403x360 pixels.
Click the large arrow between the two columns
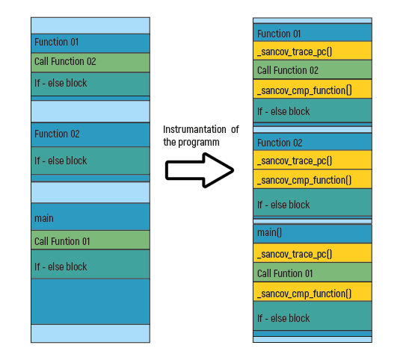pos(200,170)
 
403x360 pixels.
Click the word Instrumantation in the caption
pos(194,129)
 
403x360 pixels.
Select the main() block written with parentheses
pos(313,234)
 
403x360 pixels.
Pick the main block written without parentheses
pos(90,217)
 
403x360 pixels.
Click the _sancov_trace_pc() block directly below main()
pos(313,253)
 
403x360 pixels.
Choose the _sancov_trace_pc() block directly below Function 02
pos(313,160)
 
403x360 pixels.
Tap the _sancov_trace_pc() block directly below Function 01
pos(313,51)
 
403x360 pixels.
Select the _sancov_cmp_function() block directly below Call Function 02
pos(313,89)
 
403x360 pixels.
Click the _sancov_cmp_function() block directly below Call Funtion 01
pos(313,292)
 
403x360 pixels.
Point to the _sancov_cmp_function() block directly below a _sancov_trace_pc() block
pos(313,179)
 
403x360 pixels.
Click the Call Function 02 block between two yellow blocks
pos(313,69)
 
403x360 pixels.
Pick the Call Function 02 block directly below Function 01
pos(90,63)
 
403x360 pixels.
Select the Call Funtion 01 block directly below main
pos(90,240)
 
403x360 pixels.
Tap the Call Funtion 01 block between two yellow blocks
pos(313,272)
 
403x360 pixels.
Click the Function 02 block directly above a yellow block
pos(313,141)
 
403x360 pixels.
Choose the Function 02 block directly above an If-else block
pos(90,134)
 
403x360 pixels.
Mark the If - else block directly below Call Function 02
pos(90,84)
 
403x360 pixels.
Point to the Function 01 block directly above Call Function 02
pos(90,43)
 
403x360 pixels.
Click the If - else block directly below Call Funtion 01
pos(90,264)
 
